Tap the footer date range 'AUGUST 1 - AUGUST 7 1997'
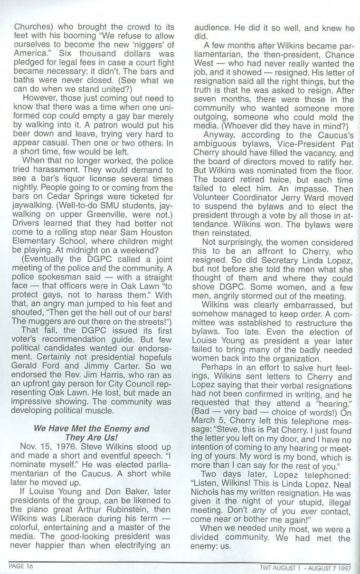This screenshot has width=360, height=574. point(313,566)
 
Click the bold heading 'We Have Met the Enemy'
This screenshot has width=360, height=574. point(90,429)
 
